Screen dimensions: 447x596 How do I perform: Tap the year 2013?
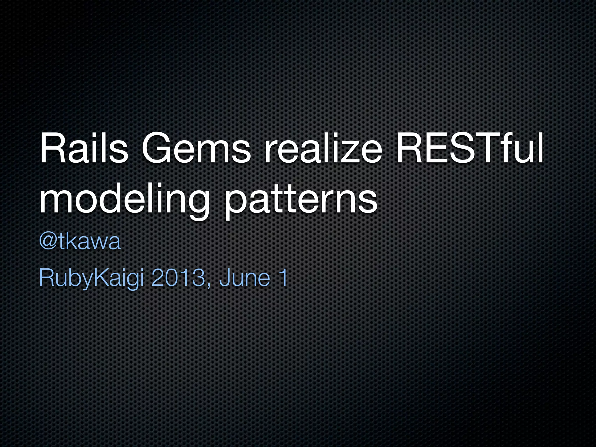178,278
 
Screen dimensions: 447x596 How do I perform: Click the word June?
244,278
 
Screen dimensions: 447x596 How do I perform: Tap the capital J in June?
224,278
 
